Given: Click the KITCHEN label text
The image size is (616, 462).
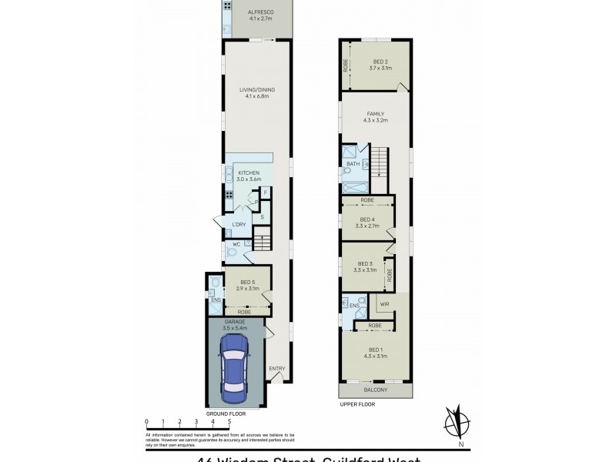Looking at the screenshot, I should (x=249, y=172).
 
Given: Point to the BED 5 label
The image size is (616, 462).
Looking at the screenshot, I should (x=248, y=282).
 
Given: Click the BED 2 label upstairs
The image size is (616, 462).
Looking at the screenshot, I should (x=380, y=62).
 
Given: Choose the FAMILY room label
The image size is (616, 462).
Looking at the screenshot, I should (x=376, y=114).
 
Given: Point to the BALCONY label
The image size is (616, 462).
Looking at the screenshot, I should (x=375, y=390).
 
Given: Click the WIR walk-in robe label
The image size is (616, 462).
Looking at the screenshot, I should (x=383, y=304).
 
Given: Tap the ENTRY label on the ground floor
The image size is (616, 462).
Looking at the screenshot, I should (x=276, y=368).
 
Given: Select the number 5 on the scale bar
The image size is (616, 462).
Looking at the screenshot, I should (x=229, y=422).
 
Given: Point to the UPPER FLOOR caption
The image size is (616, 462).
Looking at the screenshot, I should (x=357, y=403).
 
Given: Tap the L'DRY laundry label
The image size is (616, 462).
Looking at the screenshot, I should (x=239, y=224).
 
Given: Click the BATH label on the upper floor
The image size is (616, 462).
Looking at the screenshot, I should (x=353, y=164).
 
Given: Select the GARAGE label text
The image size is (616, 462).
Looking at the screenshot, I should (x=235, y=321).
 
